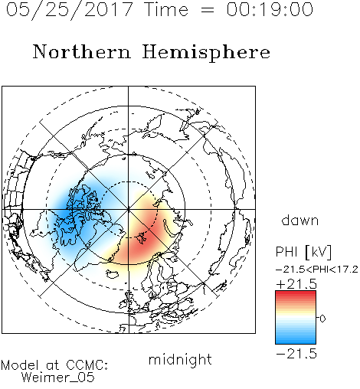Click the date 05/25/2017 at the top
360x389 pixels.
(70, 10)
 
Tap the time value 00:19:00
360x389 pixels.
(270, 9)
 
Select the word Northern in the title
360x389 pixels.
(82, 51)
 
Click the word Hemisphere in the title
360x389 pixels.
(206, 53)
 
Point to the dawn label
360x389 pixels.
(300, 220)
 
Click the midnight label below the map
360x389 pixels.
(180, 360)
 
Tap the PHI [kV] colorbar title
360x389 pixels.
(303, 252)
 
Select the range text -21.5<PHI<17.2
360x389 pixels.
(317, 270)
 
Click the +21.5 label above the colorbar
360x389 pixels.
(296, 284)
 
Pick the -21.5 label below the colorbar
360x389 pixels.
(296, 354)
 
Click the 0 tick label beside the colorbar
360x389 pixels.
(322, 319)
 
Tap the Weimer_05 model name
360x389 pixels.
(58, 378)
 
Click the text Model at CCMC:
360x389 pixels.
(54, 365)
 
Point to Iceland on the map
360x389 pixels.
(113, 274)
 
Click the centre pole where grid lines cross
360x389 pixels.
(129, 210)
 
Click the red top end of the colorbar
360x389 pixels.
(296, 293)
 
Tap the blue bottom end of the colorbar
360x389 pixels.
(296, 342)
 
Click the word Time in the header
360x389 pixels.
(166, 9)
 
